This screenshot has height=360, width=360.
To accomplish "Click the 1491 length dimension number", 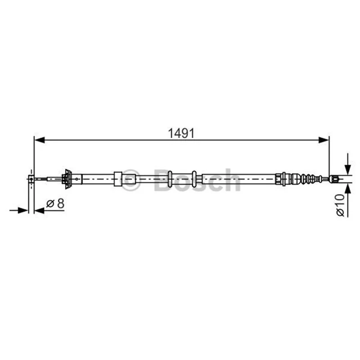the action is (x=181, y=133).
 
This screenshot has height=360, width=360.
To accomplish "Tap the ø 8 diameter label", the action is (x=55, y=203).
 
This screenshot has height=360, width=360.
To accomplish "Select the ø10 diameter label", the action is (x=340, y=205).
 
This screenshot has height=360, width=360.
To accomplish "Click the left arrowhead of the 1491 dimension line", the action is (x=40, y=140).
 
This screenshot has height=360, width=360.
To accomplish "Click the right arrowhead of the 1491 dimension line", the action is (x=324, y=140).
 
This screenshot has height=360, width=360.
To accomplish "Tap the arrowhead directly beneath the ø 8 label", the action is (x=40, y=210).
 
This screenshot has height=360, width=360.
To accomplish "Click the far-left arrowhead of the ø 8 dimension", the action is (x=23, y=210).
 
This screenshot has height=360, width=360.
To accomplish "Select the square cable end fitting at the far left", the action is (x=31, y=179).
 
